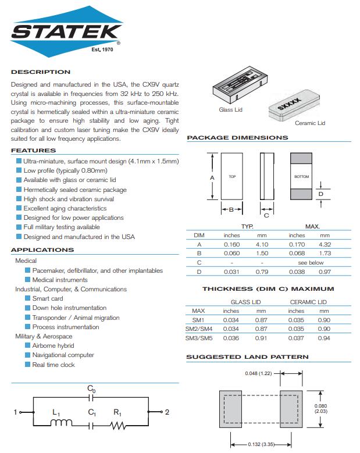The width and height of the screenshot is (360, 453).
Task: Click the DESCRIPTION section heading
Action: (x=41, y=72)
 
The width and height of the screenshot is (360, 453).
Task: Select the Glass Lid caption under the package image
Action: (x=230, y=110)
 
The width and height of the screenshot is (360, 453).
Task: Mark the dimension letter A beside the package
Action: (x=212, y=177)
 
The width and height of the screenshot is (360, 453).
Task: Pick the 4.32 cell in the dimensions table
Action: (x=325, y=244)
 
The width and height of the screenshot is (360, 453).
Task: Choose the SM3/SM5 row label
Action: (x=198, y=338)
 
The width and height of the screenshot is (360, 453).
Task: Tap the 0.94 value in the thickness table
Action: (x=325, y=338)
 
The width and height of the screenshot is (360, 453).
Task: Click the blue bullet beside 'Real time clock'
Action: (x=27, y=365)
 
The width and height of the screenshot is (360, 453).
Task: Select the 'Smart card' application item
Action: (x=48, y=298)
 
